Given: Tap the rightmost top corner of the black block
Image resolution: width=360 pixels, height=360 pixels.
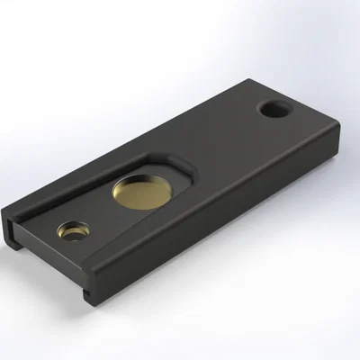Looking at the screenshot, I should coord(337,126).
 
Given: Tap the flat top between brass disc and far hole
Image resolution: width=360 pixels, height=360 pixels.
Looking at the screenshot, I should coord(216,144).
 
